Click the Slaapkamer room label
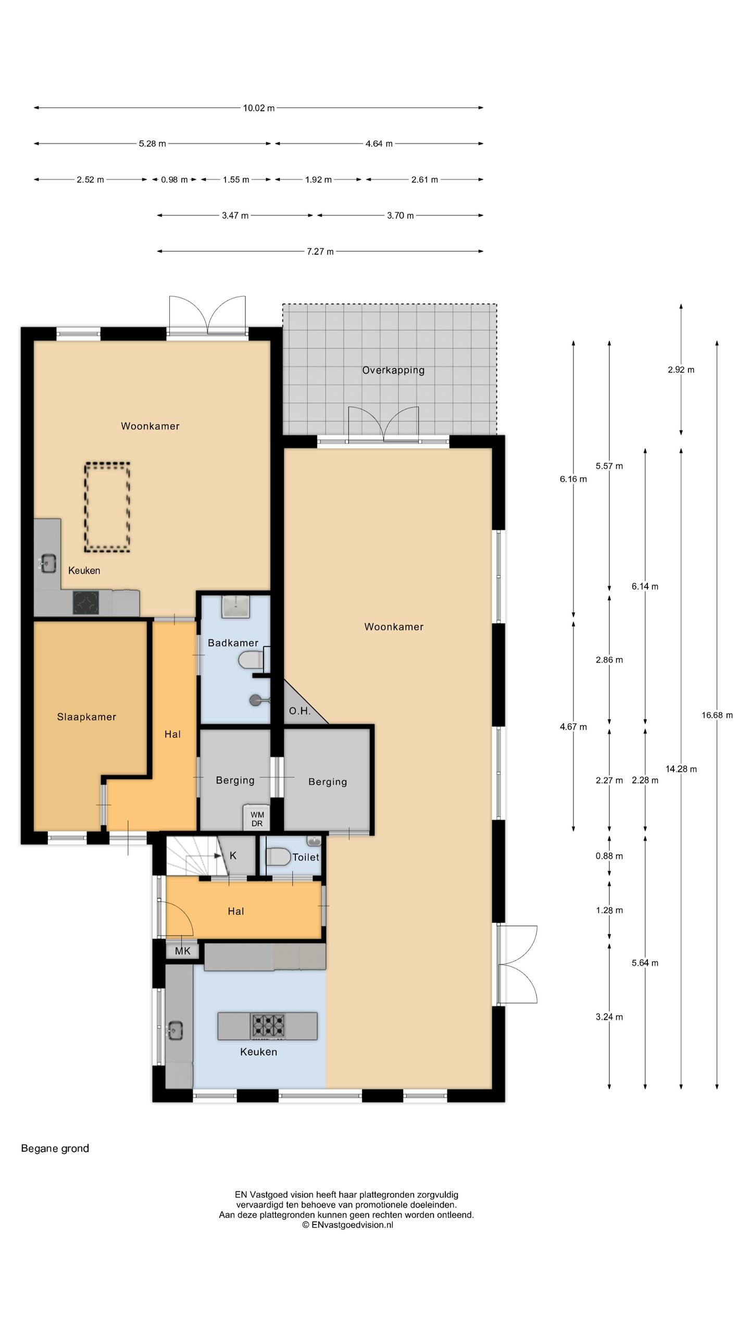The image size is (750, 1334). tap(86, 717)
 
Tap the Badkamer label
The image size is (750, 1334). tap(233, 643)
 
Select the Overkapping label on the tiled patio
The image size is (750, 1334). tap(393, 370)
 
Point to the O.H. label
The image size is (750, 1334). tap(299, 711)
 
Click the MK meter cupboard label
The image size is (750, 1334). tap(183, 951)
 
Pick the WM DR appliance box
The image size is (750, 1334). tap(257, 819)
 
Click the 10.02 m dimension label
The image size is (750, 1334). tap(259, 108)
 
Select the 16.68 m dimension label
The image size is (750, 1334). tap(717, 715)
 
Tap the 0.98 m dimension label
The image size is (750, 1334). tap(174, 180)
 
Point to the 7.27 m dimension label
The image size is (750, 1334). tap(320, 252)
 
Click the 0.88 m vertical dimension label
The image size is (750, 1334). tap(609, 856)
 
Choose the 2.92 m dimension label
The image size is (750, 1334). tap(681, 370)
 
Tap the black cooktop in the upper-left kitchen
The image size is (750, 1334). tap(86, 603)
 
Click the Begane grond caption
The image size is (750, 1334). tap(55, 1148)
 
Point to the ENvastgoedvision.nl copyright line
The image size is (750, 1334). tap(347, 1225)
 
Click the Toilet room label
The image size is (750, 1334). tap(306, 857)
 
